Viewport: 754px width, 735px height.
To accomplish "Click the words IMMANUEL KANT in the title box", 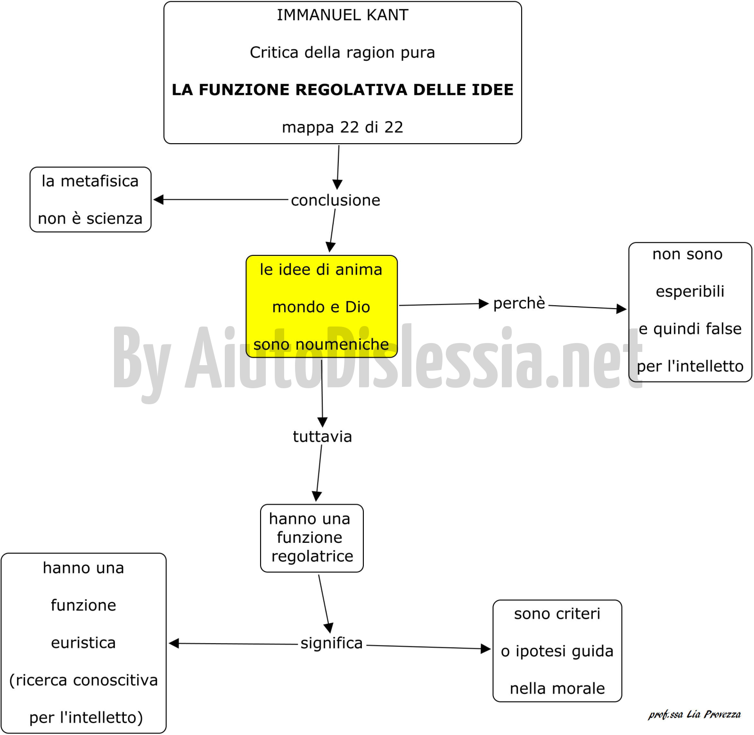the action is [x=343, y=15].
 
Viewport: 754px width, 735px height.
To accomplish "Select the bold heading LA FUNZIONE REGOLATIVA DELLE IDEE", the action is [x=343, y=90].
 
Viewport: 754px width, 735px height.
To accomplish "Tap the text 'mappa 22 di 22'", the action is [x=343, y=127].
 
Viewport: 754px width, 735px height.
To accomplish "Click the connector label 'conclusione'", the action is [x=336, y=200].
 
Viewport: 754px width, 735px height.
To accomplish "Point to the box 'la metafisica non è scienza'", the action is [x=90, y=199].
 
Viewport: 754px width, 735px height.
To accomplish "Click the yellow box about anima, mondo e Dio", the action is [x=322, y=306].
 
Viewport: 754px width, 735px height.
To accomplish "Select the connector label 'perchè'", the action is [x=519, y=303].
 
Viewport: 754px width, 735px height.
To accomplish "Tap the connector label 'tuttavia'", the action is [x=322, y=436].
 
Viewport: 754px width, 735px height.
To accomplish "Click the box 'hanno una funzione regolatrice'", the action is [x=312, y=538].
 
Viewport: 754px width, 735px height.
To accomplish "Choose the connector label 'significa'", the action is [x=332, y=643].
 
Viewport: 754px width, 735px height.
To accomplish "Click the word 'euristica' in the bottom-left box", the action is [x=83, y=643].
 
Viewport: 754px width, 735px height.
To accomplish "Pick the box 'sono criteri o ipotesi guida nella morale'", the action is [x=557, y=651].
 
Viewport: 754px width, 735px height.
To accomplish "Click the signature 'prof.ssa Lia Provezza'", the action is [x=695, y=714].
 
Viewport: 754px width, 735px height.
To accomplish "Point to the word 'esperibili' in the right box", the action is [x=690, y=292].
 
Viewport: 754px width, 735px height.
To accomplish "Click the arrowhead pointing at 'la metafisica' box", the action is [x=159, y=200].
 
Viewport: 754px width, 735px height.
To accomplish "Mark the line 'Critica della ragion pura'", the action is [x=343, y=52].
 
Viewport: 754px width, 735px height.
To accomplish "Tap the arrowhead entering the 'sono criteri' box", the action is [x=486, y=649].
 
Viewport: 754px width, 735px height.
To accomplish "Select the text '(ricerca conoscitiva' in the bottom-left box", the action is [x=83, y=680].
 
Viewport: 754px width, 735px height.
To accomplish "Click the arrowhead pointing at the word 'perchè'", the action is [x=484, y=304].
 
